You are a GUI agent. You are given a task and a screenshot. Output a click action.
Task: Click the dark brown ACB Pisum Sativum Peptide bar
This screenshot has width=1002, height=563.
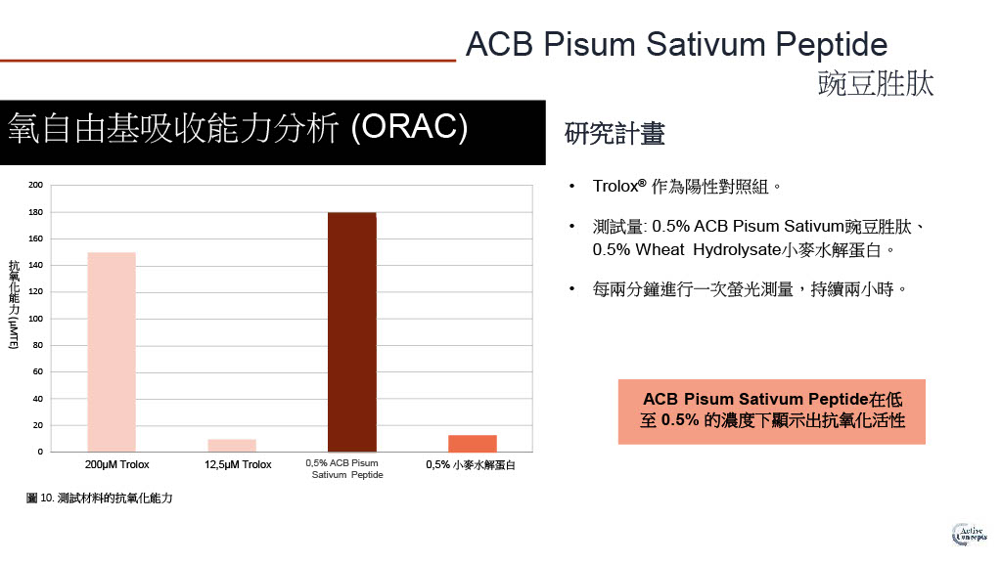(x=352, y=332)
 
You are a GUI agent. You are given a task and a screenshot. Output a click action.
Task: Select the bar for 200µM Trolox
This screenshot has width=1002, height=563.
(x=112, y=352)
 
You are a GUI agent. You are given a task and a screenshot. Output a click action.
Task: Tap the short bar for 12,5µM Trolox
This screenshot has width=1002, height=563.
(x=232, y=446)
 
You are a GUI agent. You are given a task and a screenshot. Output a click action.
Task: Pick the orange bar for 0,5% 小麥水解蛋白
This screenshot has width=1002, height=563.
(x=473, y=444)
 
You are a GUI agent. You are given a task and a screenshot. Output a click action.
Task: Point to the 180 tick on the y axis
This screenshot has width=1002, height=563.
(x=36, y=212)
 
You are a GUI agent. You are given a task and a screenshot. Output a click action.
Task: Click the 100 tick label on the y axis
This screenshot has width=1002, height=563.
(x=36, y=319)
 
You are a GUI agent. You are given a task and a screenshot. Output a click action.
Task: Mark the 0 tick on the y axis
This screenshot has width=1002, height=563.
(x=40, y=452)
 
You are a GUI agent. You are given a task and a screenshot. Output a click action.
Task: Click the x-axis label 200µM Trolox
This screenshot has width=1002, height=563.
(x=117, y=464)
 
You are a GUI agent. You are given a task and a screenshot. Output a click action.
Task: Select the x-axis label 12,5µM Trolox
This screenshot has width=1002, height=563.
(x=238, y=464)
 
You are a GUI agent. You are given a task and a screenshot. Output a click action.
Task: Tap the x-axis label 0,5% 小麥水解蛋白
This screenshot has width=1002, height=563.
(x=471, y=464)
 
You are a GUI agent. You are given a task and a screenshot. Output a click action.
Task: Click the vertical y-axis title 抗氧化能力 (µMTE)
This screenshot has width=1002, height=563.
(x=14, y=305)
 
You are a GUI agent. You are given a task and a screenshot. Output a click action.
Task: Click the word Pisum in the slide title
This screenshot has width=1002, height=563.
(x=589, y=45)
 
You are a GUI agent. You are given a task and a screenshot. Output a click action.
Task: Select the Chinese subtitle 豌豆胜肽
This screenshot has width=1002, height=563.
(x=876, y=84)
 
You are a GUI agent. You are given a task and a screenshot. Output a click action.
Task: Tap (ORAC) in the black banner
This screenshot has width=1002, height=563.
(x=410, y=126)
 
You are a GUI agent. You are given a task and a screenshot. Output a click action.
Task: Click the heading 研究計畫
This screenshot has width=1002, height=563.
(x=615, y=133)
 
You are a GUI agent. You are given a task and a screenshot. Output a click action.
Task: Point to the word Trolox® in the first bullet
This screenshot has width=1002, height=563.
(x=619, y=186)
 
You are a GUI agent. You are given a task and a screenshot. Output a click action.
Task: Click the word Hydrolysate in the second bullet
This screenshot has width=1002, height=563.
(x=737, y=249)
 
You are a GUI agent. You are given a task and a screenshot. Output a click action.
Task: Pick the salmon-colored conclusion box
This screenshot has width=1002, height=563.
(x=771, y=411)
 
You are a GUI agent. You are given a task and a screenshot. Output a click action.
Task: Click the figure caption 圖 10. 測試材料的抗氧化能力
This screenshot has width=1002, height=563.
(x=99, y=498)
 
